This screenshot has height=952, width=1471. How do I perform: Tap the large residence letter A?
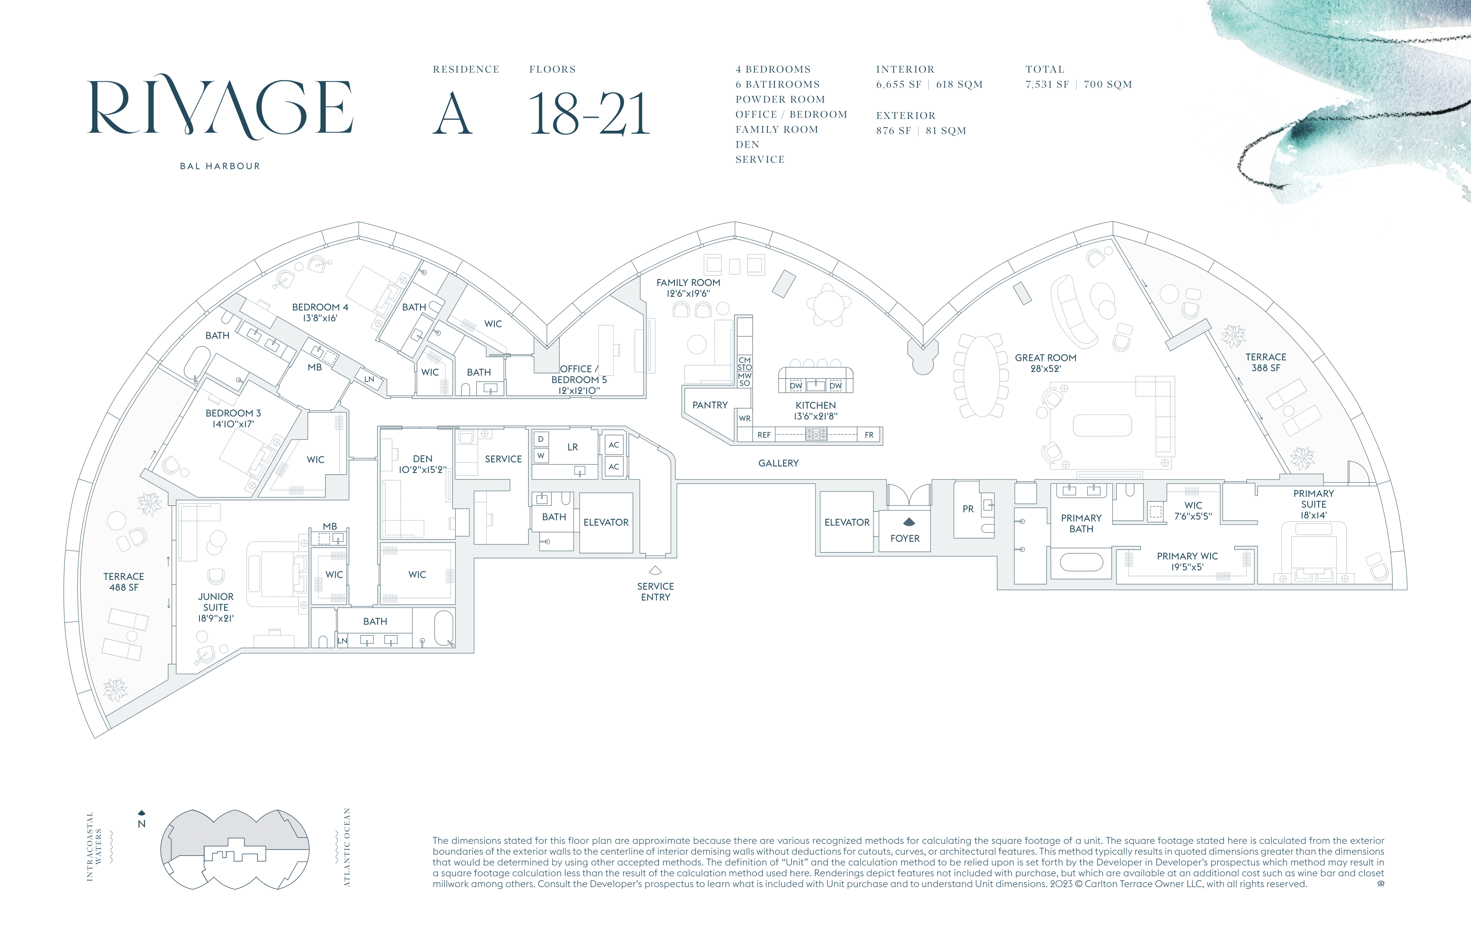click(x=453, y=114)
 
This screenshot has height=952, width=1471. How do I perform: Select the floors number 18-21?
click(x=589, y=114)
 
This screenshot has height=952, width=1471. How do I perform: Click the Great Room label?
click(x=1046, y=363)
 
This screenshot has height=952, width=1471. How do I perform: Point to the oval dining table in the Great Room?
click(x=982, y=376)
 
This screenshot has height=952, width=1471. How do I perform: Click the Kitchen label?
click(x=816, y=411)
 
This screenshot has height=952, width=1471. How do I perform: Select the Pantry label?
click(x=710, y=405)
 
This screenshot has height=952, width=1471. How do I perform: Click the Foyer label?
click(x=905, y=538)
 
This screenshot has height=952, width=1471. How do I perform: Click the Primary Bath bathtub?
click(x=1082, y=562)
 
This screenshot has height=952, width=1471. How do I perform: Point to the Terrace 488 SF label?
click(x=124, y=582)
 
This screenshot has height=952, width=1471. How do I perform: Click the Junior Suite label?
click(x=216, y=607)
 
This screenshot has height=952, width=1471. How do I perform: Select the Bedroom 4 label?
click(x=320, y=312)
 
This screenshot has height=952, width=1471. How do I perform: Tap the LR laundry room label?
click(x=572, y=447)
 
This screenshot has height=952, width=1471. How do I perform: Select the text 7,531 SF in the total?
click(x=1047, y=85)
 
